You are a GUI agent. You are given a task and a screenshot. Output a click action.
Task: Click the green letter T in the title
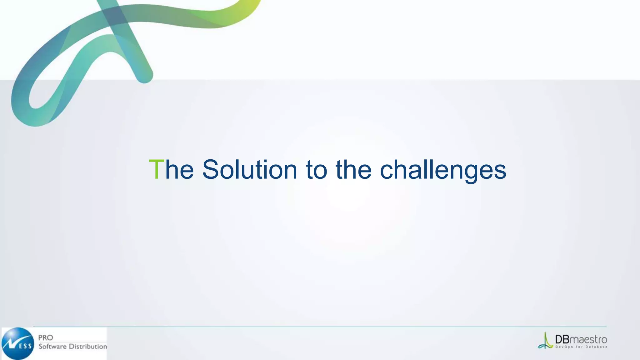pos(156,169)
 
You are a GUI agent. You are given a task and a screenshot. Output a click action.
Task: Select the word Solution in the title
pos(249,169)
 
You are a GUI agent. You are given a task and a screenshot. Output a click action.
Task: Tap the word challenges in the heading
pos(443,171)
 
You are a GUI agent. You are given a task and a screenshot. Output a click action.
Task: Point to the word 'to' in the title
pos(316,170)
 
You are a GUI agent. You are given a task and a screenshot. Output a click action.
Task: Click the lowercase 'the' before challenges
pos(353,169)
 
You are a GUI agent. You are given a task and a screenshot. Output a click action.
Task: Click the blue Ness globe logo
pos(18,343)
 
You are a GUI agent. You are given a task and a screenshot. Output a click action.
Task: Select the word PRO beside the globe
pos(46,337)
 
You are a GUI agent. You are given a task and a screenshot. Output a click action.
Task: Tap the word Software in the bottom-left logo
pos(52,346)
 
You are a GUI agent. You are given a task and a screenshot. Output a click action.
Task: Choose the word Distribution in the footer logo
pos(88,346)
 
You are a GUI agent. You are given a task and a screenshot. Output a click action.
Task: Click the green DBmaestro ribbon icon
pos(545,341)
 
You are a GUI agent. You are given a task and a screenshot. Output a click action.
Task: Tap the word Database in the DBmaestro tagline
pos(596,347)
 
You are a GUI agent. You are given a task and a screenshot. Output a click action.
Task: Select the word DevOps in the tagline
pos(564,347)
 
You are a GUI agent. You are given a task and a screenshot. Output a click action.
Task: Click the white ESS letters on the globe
pos(25,346)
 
